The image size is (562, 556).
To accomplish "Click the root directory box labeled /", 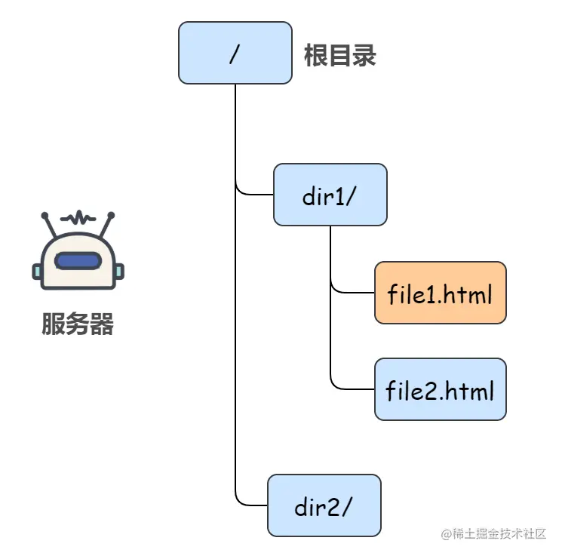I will [235, 53].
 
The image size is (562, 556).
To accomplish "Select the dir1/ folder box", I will [330, 194].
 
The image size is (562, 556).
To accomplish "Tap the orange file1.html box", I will [440, 293].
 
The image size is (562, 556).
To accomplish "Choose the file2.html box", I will [440, 389].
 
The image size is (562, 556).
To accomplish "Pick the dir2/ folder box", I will [324, 505].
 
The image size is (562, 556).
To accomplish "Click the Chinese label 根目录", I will [339, 56].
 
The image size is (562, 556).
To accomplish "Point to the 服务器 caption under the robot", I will [78, 324].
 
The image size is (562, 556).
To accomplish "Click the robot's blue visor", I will [78, 261].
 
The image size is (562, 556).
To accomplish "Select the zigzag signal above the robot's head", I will [78, 219].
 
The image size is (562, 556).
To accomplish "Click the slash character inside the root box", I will [235, 54].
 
